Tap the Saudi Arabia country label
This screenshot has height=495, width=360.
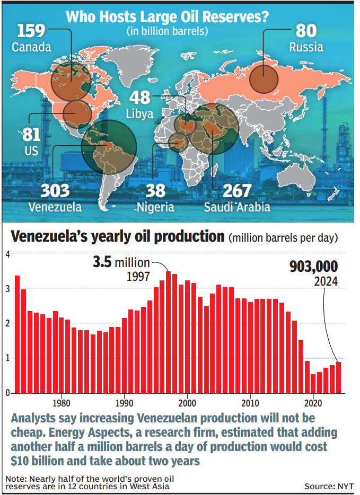[x=237, y=207]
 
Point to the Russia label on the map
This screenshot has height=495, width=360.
[x=306, y=47]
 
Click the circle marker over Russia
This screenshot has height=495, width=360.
[x=264, y=78]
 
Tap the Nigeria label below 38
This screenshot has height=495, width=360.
[x=154, y=207]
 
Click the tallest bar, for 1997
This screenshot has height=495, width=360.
[x=168, y=332]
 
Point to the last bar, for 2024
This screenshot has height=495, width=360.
[x=338, y=377]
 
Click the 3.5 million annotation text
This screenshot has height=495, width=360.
[x=121, y=262]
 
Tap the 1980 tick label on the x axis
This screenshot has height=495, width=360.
[x=62, y=402]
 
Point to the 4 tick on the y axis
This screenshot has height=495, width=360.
[x=7, y=254]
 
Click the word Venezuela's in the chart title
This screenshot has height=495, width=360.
[x=64, y=236]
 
